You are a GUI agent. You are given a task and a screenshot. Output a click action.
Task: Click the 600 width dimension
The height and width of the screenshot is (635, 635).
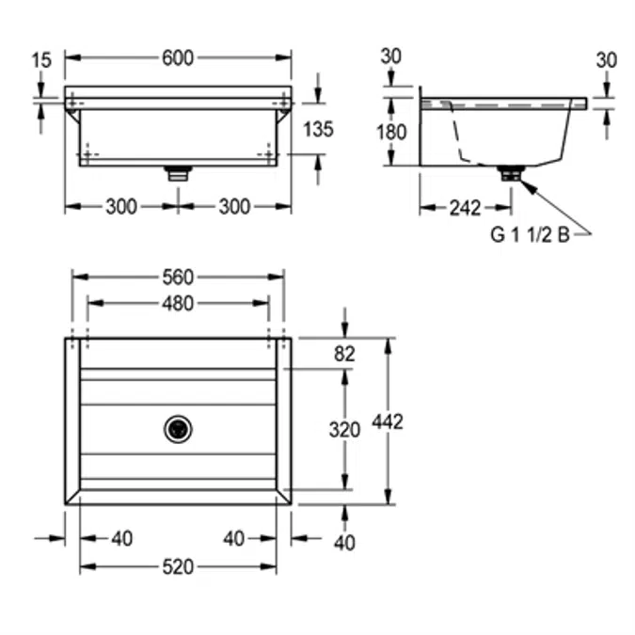coord(177,58)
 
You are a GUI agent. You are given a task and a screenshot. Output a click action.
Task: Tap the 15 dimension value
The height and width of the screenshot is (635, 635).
coord(41,60)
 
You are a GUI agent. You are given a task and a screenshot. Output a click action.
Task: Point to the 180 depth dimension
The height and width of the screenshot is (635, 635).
coord(391,132)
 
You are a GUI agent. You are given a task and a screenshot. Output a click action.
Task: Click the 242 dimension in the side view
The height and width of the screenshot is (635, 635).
coord(465,208)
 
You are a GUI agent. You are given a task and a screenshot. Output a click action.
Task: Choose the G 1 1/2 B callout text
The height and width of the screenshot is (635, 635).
coord(529,235)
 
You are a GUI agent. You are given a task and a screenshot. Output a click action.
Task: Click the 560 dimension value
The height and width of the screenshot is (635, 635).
coord(177,277)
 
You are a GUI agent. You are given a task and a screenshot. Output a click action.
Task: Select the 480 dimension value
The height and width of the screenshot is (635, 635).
coord(177,303)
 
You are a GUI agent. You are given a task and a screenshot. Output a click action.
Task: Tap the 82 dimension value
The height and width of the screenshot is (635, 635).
coord(345,354)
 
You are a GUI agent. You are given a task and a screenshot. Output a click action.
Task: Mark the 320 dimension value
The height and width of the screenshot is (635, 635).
coord(345,430)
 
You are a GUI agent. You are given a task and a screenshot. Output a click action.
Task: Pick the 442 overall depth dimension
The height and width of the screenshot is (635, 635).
coord(388,422)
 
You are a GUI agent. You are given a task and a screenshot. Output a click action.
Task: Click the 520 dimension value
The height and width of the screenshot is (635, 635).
coord(177,566)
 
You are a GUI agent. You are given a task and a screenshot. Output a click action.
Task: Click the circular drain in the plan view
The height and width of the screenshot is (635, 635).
coord(178,429)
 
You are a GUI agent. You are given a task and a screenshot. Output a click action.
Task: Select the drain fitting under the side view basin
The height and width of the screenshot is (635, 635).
coord(510,173)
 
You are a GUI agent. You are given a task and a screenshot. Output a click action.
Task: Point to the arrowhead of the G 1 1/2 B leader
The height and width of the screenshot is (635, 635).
coord(527,184)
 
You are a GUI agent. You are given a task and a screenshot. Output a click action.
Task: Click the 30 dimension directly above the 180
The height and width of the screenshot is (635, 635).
coord(391,56)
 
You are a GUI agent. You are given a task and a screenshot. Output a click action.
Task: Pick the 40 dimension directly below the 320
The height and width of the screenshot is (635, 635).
coord(345,542)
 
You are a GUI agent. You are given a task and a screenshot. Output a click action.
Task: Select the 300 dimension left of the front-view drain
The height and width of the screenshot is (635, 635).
coord(120,207)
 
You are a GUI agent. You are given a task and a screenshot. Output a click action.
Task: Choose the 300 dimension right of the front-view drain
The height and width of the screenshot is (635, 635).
coord(234,207)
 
